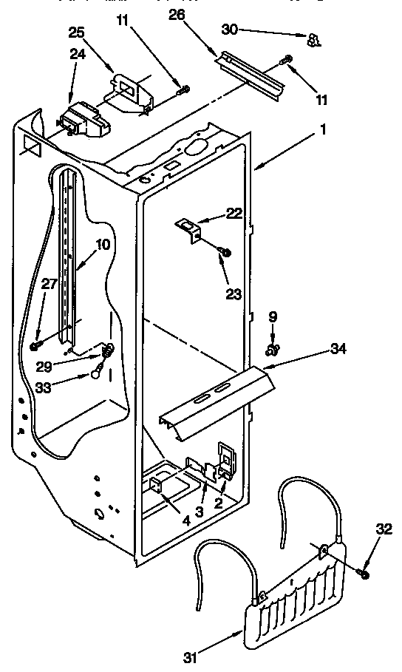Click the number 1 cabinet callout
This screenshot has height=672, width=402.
pyautogui.click(x=302, y=135)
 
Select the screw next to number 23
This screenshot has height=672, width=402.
pyautogui.click(x=225, y=253)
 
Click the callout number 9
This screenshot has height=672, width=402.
pyautogui.click(x=274, y=316)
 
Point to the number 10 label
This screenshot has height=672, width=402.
pyautogui.click(x=101, y=244)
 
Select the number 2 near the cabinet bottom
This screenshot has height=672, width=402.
pyautogui.click(x=218, y=504)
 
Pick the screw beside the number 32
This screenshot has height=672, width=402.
pyautogui.click(x=364, y=571)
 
